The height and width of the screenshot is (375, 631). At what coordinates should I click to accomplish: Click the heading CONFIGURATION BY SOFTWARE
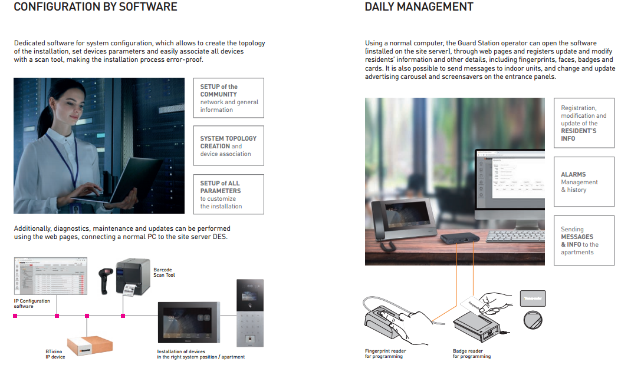[95, 7]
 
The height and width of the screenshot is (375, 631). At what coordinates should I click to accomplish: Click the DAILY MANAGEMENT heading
[419, 7]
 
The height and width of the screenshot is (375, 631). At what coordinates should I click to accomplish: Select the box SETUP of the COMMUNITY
[229, 98]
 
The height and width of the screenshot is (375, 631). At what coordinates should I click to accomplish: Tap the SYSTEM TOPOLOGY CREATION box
[229, 145]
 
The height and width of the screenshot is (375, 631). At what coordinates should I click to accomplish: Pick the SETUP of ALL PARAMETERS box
[229, 194]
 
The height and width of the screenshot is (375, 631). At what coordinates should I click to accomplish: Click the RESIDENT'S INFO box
[583, 123]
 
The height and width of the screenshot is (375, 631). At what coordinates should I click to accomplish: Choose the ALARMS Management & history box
[583, 182]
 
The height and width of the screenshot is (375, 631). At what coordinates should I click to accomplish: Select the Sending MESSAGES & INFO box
[583, 240]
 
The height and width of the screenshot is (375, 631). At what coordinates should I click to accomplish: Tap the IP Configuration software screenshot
[50, 277]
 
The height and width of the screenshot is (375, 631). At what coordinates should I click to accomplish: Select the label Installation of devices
[201, 354]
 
